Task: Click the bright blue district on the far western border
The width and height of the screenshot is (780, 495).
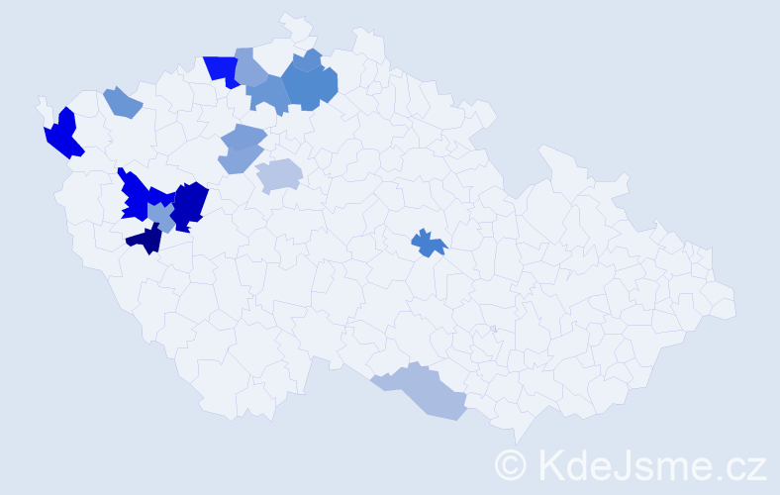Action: pos(61,135)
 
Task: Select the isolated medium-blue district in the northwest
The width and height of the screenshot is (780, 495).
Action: pos(122,102)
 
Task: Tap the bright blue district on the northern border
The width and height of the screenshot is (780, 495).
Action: pos(223,69)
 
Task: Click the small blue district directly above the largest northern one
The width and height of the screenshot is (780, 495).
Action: pos(308,60)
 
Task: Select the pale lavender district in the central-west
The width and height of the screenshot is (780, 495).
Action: pos(279,175)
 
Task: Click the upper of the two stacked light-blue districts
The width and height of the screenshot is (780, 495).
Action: pos(243,136)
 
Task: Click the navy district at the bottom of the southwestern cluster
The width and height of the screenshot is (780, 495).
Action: pos(146,239)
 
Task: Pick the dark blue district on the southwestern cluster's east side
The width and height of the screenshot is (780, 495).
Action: pos(190,204)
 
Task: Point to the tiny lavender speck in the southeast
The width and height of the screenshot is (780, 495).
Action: pos(493,329)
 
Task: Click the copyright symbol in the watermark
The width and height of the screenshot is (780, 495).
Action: pos(511,464)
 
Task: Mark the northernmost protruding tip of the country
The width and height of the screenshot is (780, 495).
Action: pos(288,17)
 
